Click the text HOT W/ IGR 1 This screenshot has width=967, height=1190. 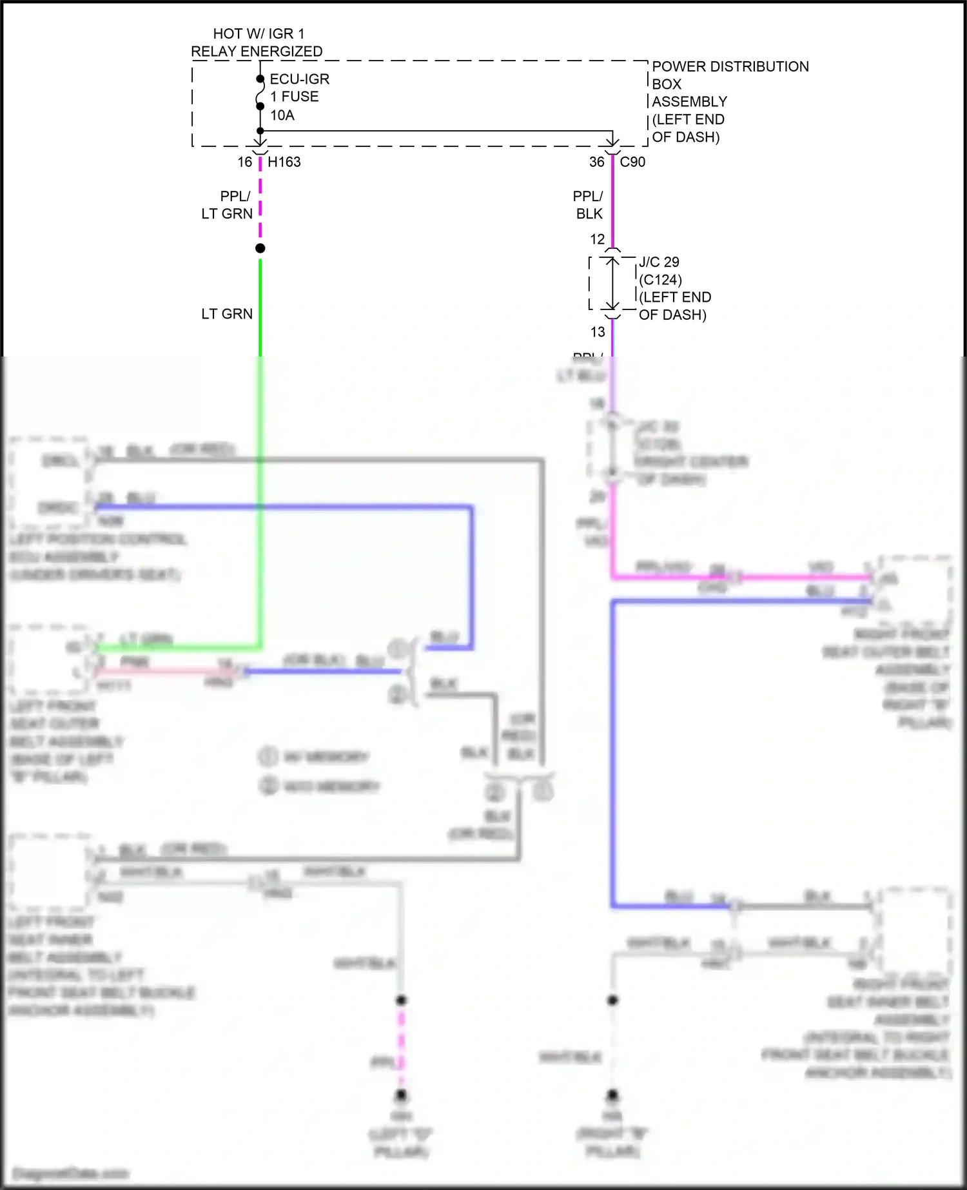259,34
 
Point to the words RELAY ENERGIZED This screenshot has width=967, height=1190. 257,52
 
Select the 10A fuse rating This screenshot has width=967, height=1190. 282,115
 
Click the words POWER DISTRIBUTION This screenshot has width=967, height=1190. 730,66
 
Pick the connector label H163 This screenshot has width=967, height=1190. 284,162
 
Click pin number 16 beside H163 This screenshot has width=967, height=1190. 245,162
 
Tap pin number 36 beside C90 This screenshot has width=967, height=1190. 597,162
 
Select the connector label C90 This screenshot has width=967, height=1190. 632,162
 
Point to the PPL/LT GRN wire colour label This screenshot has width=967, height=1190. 228,205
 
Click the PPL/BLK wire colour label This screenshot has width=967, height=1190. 588,205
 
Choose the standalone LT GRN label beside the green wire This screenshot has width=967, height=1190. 227,314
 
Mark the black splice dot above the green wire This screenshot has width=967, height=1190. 260,248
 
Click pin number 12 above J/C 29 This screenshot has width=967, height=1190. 598,239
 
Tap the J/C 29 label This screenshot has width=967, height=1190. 659,262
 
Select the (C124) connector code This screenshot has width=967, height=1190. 660,280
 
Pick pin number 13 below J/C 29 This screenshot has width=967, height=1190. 598,332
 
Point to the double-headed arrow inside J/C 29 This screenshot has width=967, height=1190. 612,284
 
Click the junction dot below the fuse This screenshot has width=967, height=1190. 260,131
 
